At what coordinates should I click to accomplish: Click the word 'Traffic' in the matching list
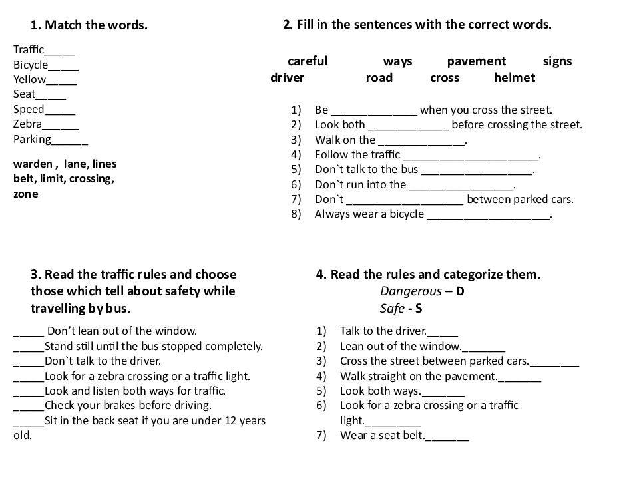click(x=29, y=49)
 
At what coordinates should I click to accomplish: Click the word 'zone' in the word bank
click(x=25, y=194)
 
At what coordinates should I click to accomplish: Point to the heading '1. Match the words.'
click(x=89, y=26)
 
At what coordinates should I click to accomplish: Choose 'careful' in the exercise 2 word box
click(x=308, y=61)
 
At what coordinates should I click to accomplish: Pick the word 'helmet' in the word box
click(x=515, y=78)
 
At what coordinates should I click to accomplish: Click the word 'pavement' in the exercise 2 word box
click(x=477, y=61)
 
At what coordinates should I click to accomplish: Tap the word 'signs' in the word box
click(x=557, y=61)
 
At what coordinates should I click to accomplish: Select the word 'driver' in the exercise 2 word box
click(x=288, y=78)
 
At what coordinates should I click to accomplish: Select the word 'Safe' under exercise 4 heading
click(x=392, y=309)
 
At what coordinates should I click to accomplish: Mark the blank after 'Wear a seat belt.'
click(x=447, y=438)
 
